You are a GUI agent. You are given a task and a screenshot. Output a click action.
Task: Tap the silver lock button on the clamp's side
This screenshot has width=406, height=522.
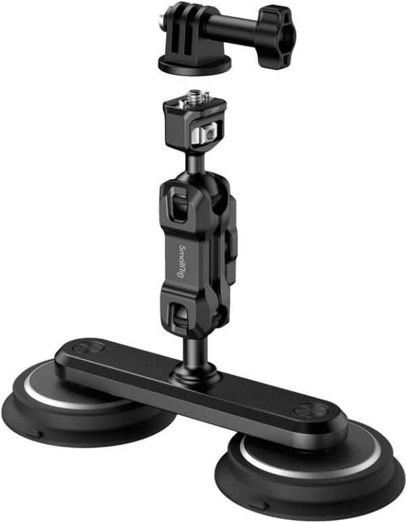pos(206,134)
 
